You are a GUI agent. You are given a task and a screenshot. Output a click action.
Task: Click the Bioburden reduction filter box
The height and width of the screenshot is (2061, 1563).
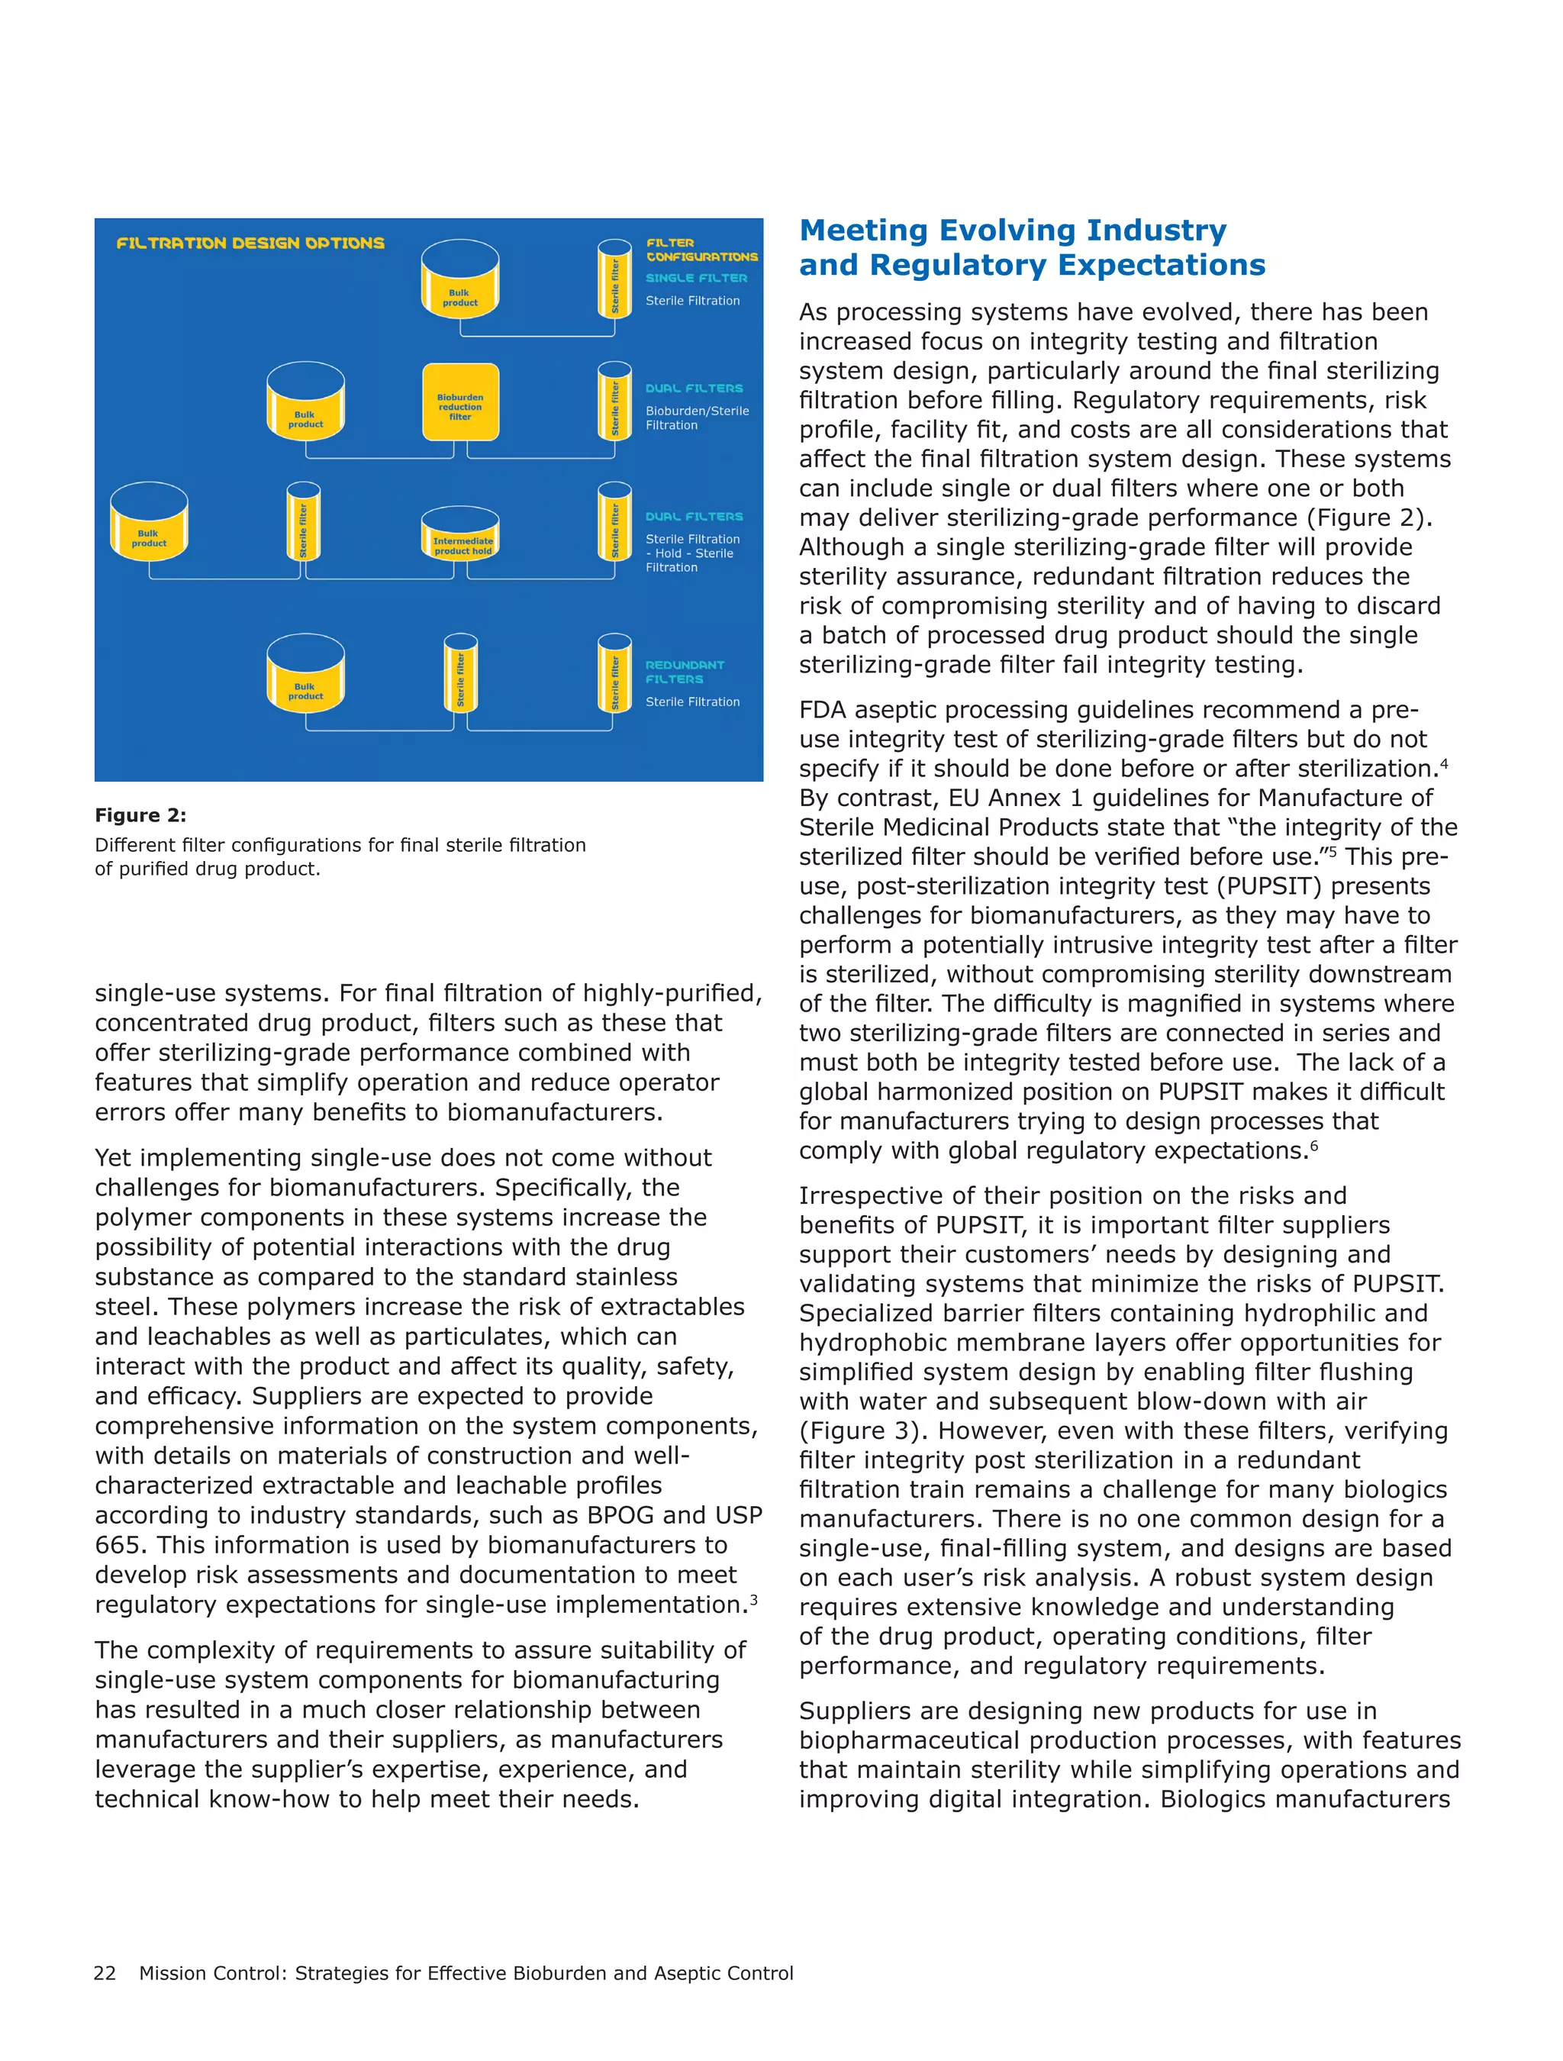460,402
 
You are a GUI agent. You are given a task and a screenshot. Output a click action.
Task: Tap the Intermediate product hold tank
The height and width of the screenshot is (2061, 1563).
460,535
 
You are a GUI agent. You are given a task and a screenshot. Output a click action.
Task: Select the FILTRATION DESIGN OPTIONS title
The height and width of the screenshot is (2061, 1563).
250,244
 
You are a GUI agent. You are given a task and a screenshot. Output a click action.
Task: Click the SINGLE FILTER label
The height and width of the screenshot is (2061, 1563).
696,278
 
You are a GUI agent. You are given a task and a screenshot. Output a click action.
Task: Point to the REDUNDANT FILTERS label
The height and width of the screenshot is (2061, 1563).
685,672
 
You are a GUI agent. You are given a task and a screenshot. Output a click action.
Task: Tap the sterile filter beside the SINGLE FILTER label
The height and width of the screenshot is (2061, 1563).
615,279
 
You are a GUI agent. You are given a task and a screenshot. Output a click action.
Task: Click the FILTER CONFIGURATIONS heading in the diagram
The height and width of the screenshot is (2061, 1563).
701,250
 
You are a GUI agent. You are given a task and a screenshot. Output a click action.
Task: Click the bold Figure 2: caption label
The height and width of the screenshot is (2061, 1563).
140,815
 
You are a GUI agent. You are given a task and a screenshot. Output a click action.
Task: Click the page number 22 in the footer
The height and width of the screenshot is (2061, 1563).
105,1972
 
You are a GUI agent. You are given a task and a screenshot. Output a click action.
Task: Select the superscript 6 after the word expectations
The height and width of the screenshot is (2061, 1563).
1313,1145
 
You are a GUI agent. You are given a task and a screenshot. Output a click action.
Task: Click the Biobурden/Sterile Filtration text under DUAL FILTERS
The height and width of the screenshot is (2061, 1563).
696,418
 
